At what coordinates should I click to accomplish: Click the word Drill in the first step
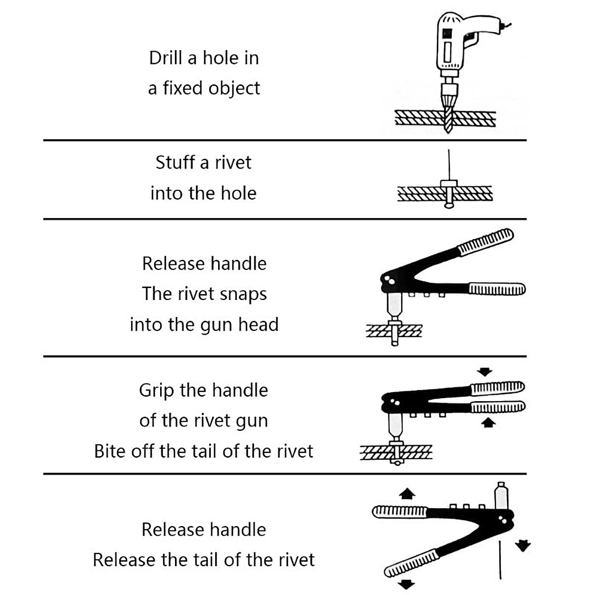(x=166, y=58)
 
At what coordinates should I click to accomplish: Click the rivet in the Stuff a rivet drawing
(x=449, y=191)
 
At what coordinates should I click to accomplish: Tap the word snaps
(x=243, y=294)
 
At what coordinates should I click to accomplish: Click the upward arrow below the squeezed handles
(x=489, y=422)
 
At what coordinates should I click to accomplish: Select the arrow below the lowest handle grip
(x=407, y=584)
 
